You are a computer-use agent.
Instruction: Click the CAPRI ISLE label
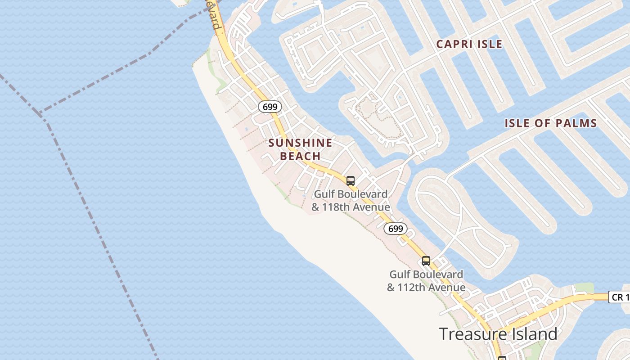pyautogui.click(x=469, y=44)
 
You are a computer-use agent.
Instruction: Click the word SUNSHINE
pyautogui.click(x=300, y=143)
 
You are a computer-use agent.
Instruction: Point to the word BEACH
pyautogui.click(x=300, y=156)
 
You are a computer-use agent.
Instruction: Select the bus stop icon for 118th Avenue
pyautogui.click(x=351, y=181)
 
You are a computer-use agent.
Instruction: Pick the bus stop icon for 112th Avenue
pyautogui.click(x=426, y=261)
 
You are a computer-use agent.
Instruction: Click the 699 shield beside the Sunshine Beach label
pyautogui.click(x=270, y=107)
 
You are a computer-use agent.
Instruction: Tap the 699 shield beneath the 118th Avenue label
pyautogui.click(x=395, y=229)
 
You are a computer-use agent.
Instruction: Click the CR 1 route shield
pyautogui.click(x=620, y=297)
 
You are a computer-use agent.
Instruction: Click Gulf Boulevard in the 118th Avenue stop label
pyautogui.click(x=351, y=194)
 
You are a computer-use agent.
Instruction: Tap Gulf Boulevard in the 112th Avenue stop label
pyautogui.click(x=426, y=274)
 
